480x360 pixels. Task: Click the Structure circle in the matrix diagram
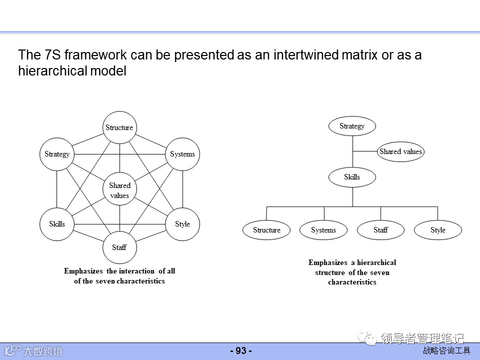point(119,127)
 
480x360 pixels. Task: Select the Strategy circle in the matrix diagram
point(56,154)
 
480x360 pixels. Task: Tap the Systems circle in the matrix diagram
point(182,154)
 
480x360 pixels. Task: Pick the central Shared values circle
point(119,190)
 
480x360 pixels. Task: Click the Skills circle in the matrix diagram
point(56,224)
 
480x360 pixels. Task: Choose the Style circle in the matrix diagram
point(182,224)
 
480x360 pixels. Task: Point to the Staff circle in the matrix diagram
point(119,247)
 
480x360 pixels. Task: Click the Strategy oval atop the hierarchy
point(352,126)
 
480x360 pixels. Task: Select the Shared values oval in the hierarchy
point(400,151)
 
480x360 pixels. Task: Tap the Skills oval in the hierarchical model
point(352,177)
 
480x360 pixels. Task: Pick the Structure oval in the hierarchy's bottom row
point(266,230)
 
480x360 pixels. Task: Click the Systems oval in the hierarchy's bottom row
point(323,230)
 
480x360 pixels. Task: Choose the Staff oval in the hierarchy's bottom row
point(380,230)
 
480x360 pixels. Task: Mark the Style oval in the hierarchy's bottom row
point(438,230)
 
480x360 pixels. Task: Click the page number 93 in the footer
point(241,351)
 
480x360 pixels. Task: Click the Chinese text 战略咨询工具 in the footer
point(446,351)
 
